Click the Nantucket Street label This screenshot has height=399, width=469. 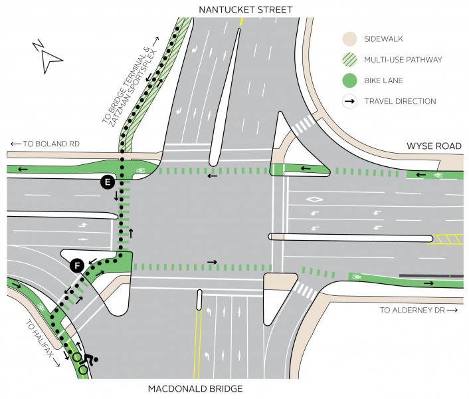pos(245,10)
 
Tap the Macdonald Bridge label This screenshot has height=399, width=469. pos(195,389)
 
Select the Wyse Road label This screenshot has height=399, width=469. pos(434,146)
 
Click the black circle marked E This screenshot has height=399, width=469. pos(108,182)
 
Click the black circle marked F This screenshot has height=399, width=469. pos(78,265)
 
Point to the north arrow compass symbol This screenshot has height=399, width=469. pos(48,57)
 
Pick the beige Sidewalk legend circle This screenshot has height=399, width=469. pos(349,39)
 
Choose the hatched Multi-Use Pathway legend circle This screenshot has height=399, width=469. pos(349,60)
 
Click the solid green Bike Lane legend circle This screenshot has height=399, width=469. pos(349,80)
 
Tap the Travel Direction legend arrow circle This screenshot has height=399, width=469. pos(349,101)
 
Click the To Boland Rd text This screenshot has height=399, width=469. pos(45,144)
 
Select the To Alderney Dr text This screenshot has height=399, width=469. pos(419,310)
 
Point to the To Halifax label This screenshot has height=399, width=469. pos(43,343)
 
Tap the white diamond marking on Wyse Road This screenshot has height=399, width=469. pos(315,199)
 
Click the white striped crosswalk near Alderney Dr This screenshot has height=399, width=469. pos(306,291)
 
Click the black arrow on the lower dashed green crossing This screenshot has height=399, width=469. pos(212,262)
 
